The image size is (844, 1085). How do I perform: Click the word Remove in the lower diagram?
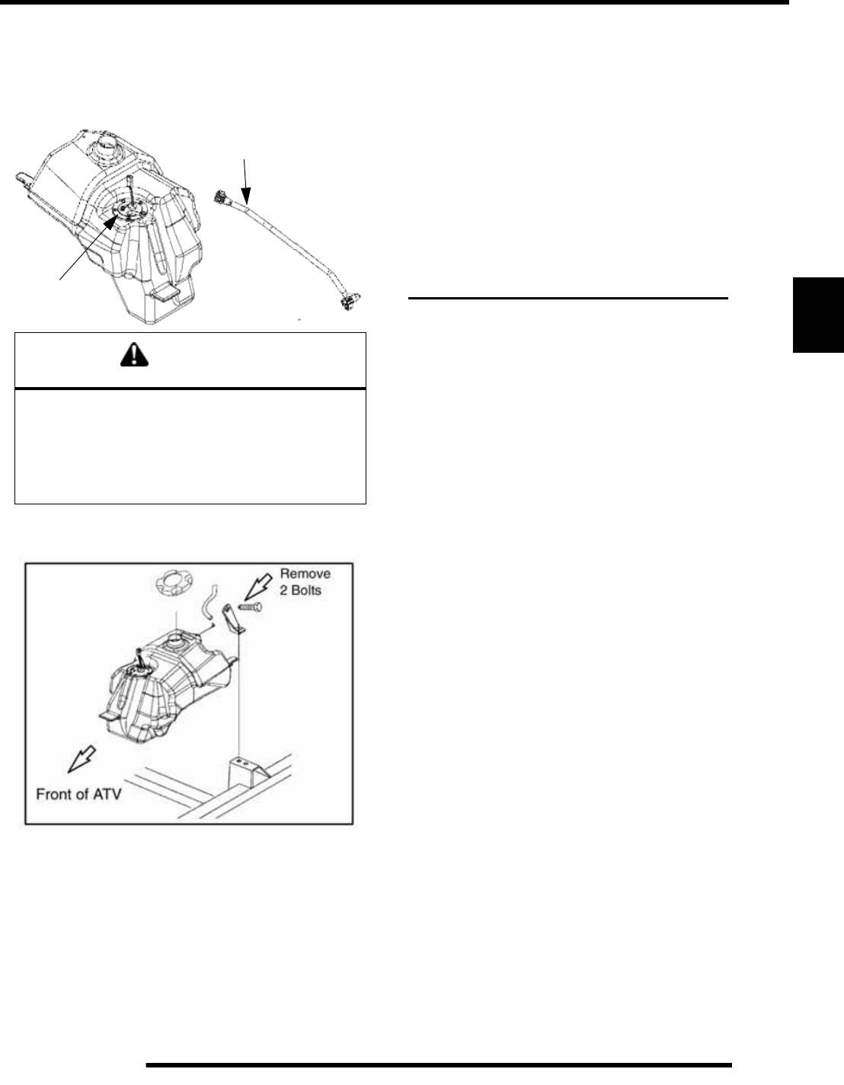tap(305, 573)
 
